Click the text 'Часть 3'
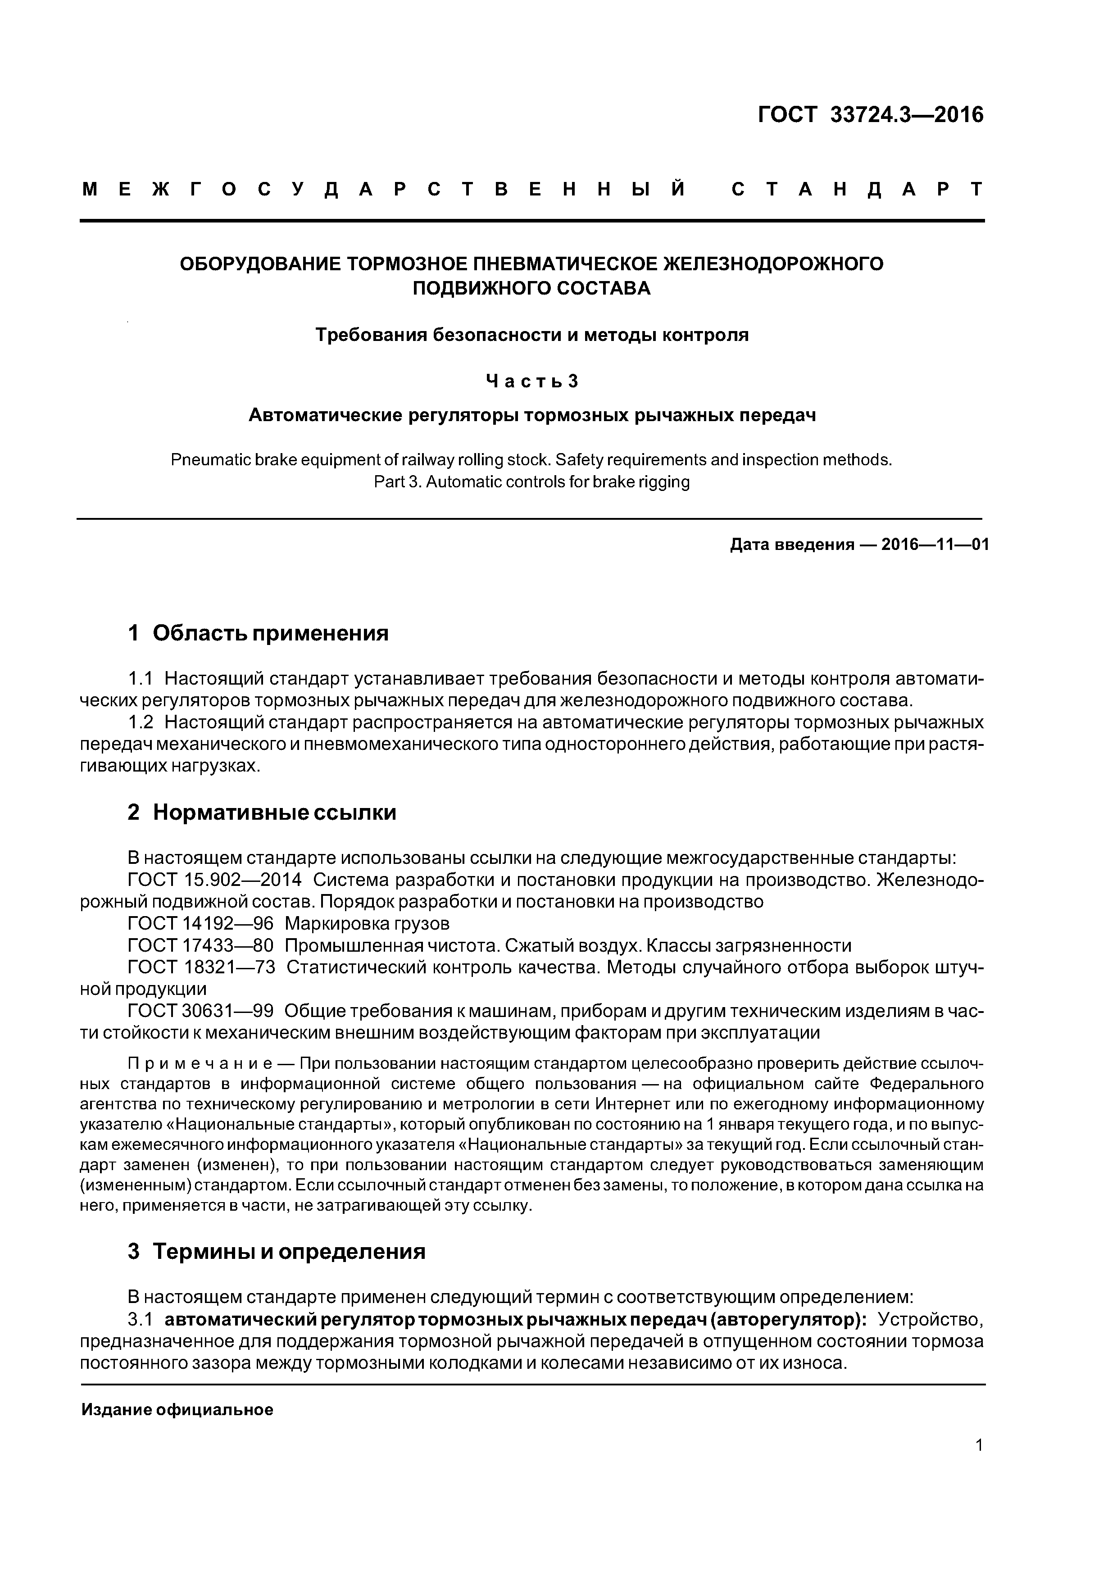[531, 381]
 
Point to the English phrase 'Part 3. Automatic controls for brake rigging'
[531, 482]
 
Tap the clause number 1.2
[141, 722]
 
